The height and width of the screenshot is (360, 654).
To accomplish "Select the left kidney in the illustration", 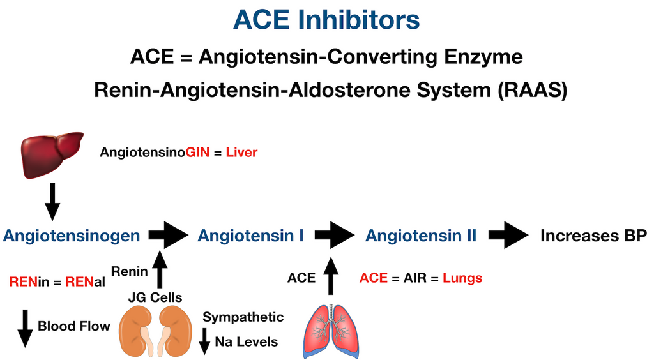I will [x=135, y=329].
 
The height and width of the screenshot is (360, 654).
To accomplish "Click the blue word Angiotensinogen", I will [x=71, y=236].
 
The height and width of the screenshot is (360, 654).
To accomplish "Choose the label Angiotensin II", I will [x=421, y=236].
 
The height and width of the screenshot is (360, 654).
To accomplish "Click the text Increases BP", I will [x=593, y=236].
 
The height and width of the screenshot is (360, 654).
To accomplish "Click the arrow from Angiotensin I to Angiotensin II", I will [x=334, y=236].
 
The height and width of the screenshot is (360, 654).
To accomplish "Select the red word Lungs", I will [x=462, y=278].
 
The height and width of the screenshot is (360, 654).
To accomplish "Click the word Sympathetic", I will [x=243, y=317].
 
